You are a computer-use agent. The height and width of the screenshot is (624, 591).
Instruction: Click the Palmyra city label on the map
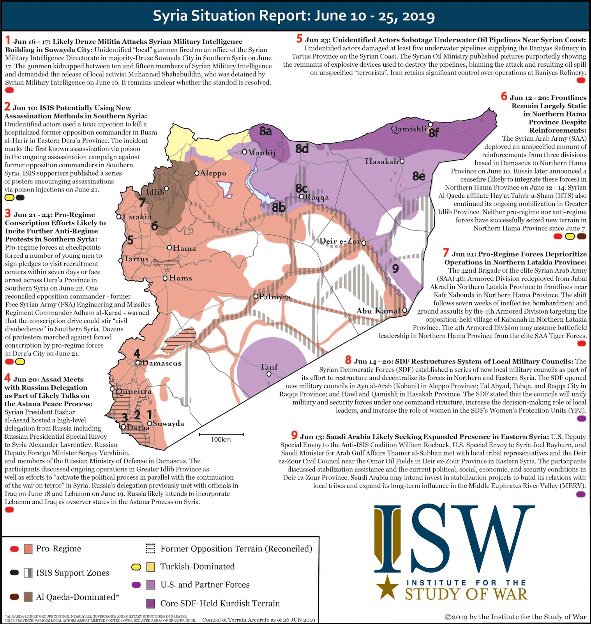tap(275, 297)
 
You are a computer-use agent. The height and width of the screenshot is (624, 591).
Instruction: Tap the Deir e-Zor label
tap(340, 241)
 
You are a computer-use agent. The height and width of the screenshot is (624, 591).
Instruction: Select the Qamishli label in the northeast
tap(408, 129)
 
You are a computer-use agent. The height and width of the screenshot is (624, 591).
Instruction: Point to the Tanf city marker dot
tap(269, 374)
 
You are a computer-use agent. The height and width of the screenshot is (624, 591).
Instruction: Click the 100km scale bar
tap(221, 434)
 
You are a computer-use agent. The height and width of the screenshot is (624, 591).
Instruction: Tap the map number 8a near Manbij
tap(266, 131)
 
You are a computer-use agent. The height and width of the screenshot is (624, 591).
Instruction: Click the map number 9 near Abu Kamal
tap(395, 268)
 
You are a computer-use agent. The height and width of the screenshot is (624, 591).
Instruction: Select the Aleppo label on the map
tap(213, 173)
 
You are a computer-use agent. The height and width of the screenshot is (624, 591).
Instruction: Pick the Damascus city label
tap(161, 363)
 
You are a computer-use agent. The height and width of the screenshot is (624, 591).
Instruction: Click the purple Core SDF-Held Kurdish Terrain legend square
tap(150, 603)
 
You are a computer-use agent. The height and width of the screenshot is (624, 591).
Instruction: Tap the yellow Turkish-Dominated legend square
tap(150, 567)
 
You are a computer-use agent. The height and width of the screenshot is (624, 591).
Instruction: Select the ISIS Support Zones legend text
tap(72, 573)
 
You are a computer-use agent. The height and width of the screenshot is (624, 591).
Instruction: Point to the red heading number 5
tap(299, 39)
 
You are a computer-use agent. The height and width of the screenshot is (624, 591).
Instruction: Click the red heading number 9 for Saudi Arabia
tap(295, 435)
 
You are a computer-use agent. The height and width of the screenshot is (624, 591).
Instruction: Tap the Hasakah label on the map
tap(381, 161)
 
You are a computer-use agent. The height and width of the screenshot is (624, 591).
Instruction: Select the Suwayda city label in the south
tap(168, 424)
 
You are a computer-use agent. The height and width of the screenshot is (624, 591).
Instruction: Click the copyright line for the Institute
tap(515, 617)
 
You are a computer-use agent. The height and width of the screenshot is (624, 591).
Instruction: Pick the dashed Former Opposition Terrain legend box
tap(150, 549)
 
